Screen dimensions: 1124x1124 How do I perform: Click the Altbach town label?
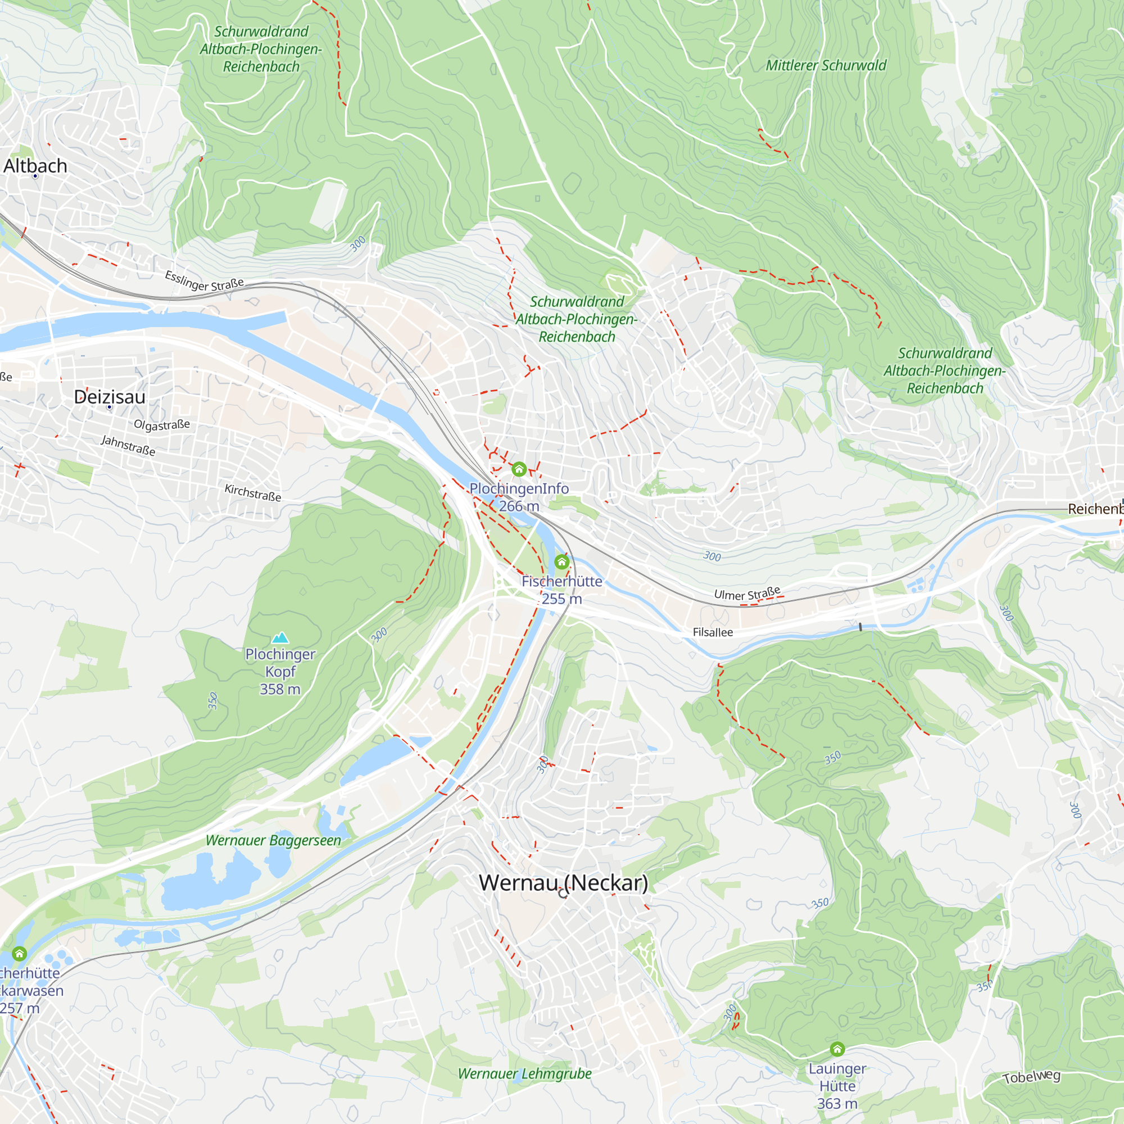pyautogui.click(x=35, y=166)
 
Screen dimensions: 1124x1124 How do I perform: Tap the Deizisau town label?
pyautogui.click(x=110, y=397)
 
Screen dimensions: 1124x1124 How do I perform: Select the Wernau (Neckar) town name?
pyautogui.click(x=563, y=882)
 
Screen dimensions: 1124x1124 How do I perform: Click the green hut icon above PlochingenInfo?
pyautogui.click(x=519, y=469)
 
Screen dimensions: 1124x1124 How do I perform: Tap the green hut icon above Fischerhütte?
pyautogui.click(x=561, y=561)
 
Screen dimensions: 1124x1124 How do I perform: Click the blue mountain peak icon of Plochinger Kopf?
pyautogui.click(x=280, y=638)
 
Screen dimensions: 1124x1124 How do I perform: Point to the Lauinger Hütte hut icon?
pyautogui.click(x=837, y=1049)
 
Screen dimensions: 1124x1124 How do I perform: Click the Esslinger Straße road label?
pyautogui.click(x=204, y=281)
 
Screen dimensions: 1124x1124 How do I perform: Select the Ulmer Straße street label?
pyautogui.click(x=747, y=593)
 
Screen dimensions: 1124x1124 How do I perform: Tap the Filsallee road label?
pyautogui.click(x=713, y=632)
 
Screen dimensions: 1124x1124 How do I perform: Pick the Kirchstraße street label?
pyautogui.click(x=253, y=493)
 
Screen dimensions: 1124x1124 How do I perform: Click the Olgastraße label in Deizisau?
pyautogui.click(x=162, y=425)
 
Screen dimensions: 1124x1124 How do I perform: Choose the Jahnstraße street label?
pyautogui.click(x=128, y=446)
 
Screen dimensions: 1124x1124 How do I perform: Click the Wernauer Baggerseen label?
pyautogui.click(x=274, y=841)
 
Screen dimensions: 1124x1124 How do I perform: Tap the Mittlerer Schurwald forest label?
pyautogui.click(x=826, y=66)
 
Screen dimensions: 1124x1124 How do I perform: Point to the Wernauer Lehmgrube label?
pyautogui.click(x=524, y=1074)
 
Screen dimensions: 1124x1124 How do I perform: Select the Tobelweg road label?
pyautogui.click(x=1031, y=1077)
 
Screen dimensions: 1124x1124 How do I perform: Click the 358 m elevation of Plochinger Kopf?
pyautogui.click(x=280, y=690)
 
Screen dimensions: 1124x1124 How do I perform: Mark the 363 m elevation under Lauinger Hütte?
pyautogui.click(x=837, y=1104)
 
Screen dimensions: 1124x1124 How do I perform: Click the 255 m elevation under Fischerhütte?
pyautogui.click(x=561, y=599)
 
